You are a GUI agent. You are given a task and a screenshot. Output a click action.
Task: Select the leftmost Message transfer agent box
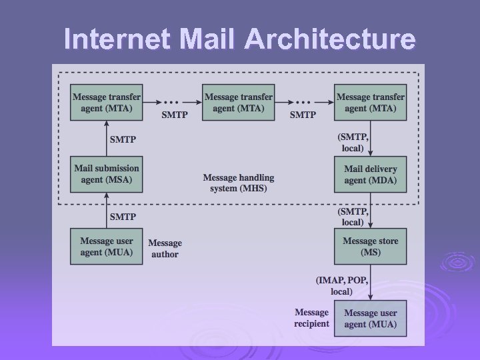click(x=107, y=102)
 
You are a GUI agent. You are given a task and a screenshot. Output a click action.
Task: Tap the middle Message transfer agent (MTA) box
click(x=239, y=102)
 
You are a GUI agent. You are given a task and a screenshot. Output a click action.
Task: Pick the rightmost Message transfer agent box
click(x=371, y=102)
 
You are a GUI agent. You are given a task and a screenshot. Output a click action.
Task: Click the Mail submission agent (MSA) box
click(x=107, y=174)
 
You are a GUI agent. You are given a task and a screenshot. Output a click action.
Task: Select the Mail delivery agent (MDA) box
click(x=371, y=174)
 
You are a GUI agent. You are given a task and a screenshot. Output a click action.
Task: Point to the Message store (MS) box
click(x=371, y=246)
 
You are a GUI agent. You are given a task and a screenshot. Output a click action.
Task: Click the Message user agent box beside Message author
click(x=107, y=246)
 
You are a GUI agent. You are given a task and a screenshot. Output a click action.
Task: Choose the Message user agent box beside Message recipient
click(x=371, y=318)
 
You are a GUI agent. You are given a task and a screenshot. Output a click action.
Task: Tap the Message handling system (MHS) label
click(x=239, y=183)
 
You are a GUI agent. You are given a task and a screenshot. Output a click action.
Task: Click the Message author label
click(x=165, y=249)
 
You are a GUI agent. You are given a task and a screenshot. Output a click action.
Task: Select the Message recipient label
click(x=312, y=318)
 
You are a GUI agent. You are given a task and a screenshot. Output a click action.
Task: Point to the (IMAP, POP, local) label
click(x=341, y=286)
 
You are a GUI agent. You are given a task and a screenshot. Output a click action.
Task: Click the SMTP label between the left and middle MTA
click(x=175, y=115)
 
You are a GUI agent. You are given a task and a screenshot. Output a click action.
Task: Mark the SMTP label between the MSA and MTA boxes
click(x=123, y=139)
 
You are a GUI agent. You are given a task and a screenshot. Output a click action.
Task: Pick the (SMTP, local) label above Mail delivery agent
click(x=353, y=142)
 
